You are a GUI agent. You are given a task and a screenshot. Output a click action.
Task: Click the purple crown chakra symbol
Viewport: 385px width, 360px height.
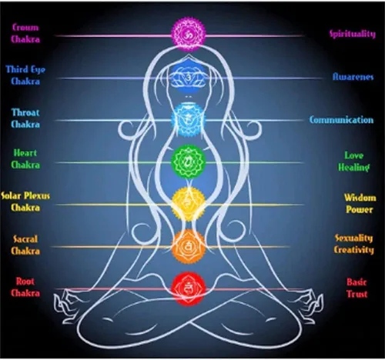189,34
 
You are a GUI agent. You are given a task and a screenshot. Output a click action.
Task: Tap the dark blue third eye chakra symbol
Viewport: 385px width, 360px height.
189,76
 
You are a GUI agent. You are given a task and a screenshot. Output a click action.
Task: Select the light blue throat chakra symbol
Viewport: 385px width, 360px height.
189,119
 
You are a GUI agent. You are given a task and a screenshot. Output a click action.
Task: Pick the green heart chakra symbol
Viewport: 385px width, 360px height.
189,162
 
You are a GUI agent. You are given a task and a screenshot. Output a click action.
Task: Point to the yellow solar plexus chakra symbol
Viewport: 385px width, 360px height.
189,204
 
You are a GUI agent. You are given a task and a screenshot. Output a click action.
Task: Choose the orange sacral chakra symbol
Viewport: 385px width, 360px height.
189,247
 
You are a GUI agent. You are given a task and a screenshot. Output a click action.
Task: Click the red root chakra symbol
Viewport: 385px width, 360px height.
189,289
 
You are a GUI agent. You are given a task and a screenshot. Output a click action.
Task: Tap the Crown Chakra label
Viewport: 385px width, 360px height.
25,33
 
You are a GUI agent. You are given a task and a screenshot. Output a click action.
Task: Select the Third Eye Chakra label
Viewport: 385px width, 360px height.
25,75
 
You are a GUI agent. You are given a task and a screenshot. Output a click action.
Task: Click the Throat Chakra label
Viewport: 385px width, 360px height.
25,118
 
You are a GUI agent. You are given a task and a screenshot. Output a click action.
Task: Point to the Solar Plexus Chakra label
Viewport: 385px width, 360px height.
25,202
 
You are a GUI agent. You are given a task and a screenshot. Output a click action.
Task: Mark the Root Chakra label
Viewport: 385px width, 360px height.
25,287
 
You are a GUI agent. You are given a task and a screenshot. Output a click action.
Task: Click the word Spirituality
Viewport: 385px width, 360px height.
353,34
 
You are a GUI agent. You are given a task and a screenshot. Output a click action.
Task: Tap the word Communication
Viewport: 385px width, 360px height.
341,120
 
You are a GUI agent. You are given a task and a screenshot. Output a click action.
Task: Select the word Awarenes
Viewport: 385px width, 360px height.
353,77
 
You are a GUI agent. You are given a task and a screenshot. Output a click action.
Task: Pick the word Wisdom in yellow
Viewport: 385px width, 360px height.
360,198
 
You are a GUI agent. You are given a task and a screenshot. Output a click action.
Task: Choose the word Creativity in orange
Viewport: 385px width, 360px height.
353,250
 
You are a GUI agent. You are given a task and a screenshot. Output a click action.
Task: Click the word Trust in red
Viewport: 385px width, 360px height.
357,294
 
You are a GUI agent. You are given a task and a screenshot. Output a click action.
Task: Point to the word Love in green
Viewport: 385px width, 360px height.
353,155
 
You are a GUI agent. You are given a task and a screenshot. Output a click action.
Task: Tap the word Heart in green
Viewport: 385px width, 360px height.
25,153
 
